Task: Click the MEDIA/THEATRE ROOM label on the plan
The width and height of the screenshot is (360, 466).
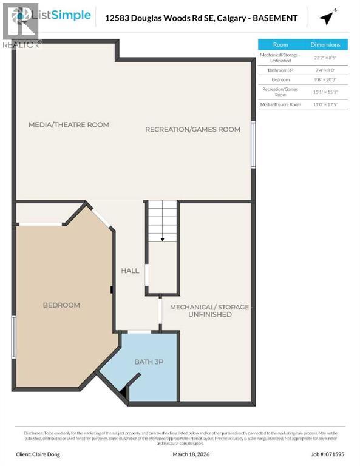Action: tap(69, 125)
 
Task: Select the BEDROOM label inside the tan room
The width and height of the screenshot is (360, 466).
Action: tap(61, 305)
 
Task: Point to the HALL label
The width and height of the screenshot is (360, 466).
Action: tap(130, 271)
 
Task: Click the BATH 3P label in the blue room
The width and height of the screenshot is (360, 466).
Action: tap(149, 362)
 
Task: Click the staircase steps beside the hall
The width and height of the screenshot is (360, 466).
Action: tap(163, 222)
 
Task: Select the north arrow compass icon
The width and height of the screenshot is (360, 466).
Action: tap(328, 18)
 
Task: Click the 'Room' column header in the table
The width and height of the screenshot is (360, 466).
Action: tap(280, 44)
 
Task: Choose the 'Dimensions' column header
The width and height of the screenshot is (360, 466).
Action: tap(325, 44)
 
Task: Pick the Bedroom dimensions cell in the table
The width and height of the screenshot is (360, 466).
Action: tap(325, 79)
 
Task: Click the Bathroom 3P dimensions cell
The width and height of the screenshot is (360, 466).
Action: tap(325, 70)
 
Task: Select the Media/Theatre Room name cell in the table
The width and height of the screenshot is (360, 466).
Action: tap(280, 104)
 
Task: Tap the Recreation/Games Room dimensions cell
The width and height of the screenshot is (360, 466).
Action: tap(325, 92)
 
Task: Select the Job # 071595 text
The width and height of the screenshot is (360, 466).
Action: tap(328, 453)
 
